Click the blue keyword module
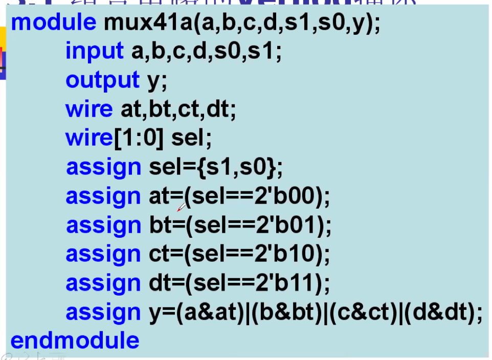tap(53, 22)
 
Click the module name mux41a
tap(147, 22)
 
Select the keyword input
tap(95, 51)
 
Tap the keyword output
tap(102, 80)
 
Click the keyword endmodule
tap(75, 340)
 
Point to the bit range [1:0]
tap(138, 138)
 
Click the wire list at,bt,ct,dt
tap(178, 109)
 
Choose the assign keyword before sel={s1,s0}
tap(103, 167)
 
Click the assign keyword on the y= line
tap(103, 312)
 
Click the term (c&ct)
tap(363, 312)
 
